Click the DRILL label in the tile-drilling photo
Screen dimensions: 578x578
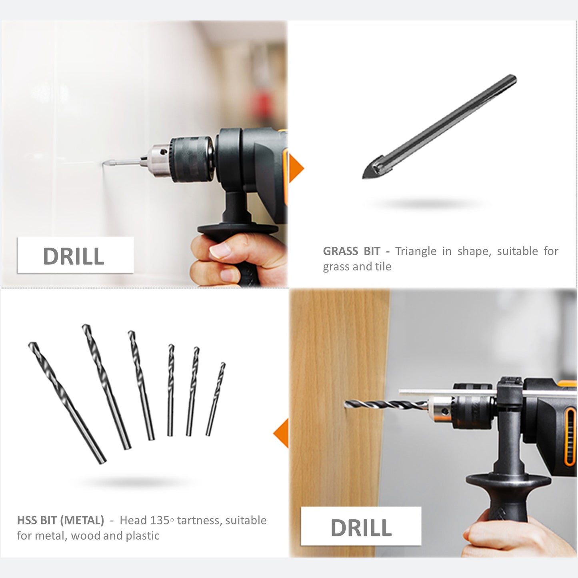click(x=74, y=256)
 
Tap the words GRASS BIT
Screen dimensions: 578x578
click(x=352, y=251)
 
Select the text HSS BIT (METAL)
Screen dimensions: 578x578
click(x=60, y=520)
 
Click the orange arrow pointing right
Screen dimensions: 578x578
click(x=296, y=168)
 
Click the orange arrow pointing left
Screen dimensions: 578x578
click(x=281, y=433)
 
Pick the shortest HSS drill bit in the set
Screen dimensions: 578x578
click(x=215, y=399)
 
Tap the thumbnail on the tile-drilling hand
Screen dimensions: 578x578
click(x=220, y=251)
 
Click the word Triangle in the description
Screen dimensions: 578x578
click(x=416, y=251)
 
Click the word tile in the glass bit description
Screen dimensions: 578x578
click(x=383, y=266)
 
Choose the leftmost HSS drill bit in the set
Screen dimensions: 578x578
click(x=67, y=403)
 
